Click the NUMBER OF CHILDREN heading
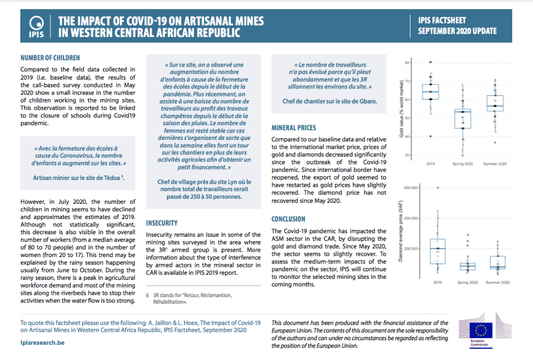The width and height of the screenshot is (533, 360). [50, 58]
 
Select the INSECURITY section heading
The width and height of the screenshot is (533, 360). [162, 223]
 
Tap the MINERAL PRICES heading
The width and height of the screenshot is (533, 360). [294, 127]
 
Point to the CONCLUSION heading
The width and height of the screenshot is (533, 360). [288, 219]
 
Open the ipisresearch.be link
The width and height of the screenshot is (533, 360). [43, 343]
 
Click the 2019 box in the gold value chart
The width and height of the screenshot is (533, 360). [430, 92]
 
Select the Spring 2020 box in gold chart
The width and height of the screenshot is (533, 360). [463, 119]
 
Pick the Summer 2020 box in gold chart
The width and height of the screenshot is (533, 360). [495, 103]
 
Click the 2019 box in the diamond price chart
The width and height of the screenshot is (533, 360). [437, 251]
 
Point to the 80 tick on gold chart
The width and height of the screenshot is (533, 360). [407, 63]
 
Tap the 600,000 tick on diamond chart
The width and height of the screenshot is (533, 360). [411, 188]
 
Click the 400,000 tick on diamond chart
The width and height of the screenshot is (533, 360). [411, 218]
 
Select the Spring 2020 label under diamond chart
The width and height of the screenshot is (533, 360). [467, 282]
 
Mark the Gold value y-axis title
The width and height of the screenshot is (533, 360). [401, 109]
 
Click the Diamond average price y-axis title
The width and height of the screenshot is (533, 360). [400, 232]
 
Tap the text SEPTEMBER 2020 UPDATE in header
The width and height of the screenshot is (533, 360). [457, 31]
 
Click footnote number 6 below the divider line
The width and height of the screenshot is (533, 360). [147, 295]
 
